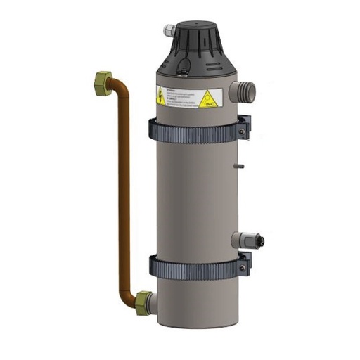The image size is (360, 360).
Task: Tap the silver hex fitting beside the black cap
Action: [169, 30]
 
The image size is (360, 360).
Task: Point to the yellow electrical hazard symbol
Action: [161, 97]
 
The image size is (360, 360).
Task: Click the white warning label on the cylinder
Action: [186, 97]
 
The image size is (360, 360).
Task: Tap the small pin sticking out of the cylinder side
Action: [240, 167]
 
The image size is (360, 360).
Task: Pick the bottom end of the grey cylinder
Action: [191, 321]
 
